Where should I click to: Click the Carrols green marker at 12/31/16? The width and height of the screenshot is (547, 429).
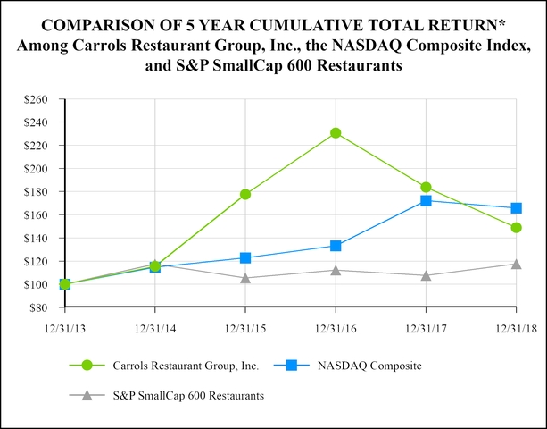tap(336, 133)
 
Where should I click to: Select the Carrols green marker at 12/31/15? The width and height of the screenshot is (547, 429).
tap(245, 194)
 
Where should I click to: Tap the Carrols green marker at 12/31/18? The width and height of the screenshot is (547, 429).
tap(516, 228)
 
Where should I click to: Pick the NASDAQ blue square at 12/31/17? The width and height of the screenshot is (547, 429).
tap(426, 201)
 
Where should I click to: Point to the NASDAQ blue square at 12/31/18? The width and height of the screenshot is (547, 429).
tap(516, 208)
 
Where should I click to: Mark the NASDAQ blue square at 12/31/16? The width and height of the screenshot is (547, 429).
tap(336, 246)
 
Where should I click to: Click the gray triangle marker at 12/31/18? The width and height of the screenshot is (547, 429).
tap(516, 264)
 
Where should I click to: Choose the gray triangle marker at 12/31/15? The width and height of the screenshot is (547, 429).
tap(245, 278)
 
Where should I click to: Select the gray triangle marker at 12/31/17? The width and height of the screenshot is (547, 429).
tap(426, 275)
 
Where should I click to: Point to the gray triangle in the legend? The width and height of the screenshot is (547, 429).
tap(86, 394)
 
